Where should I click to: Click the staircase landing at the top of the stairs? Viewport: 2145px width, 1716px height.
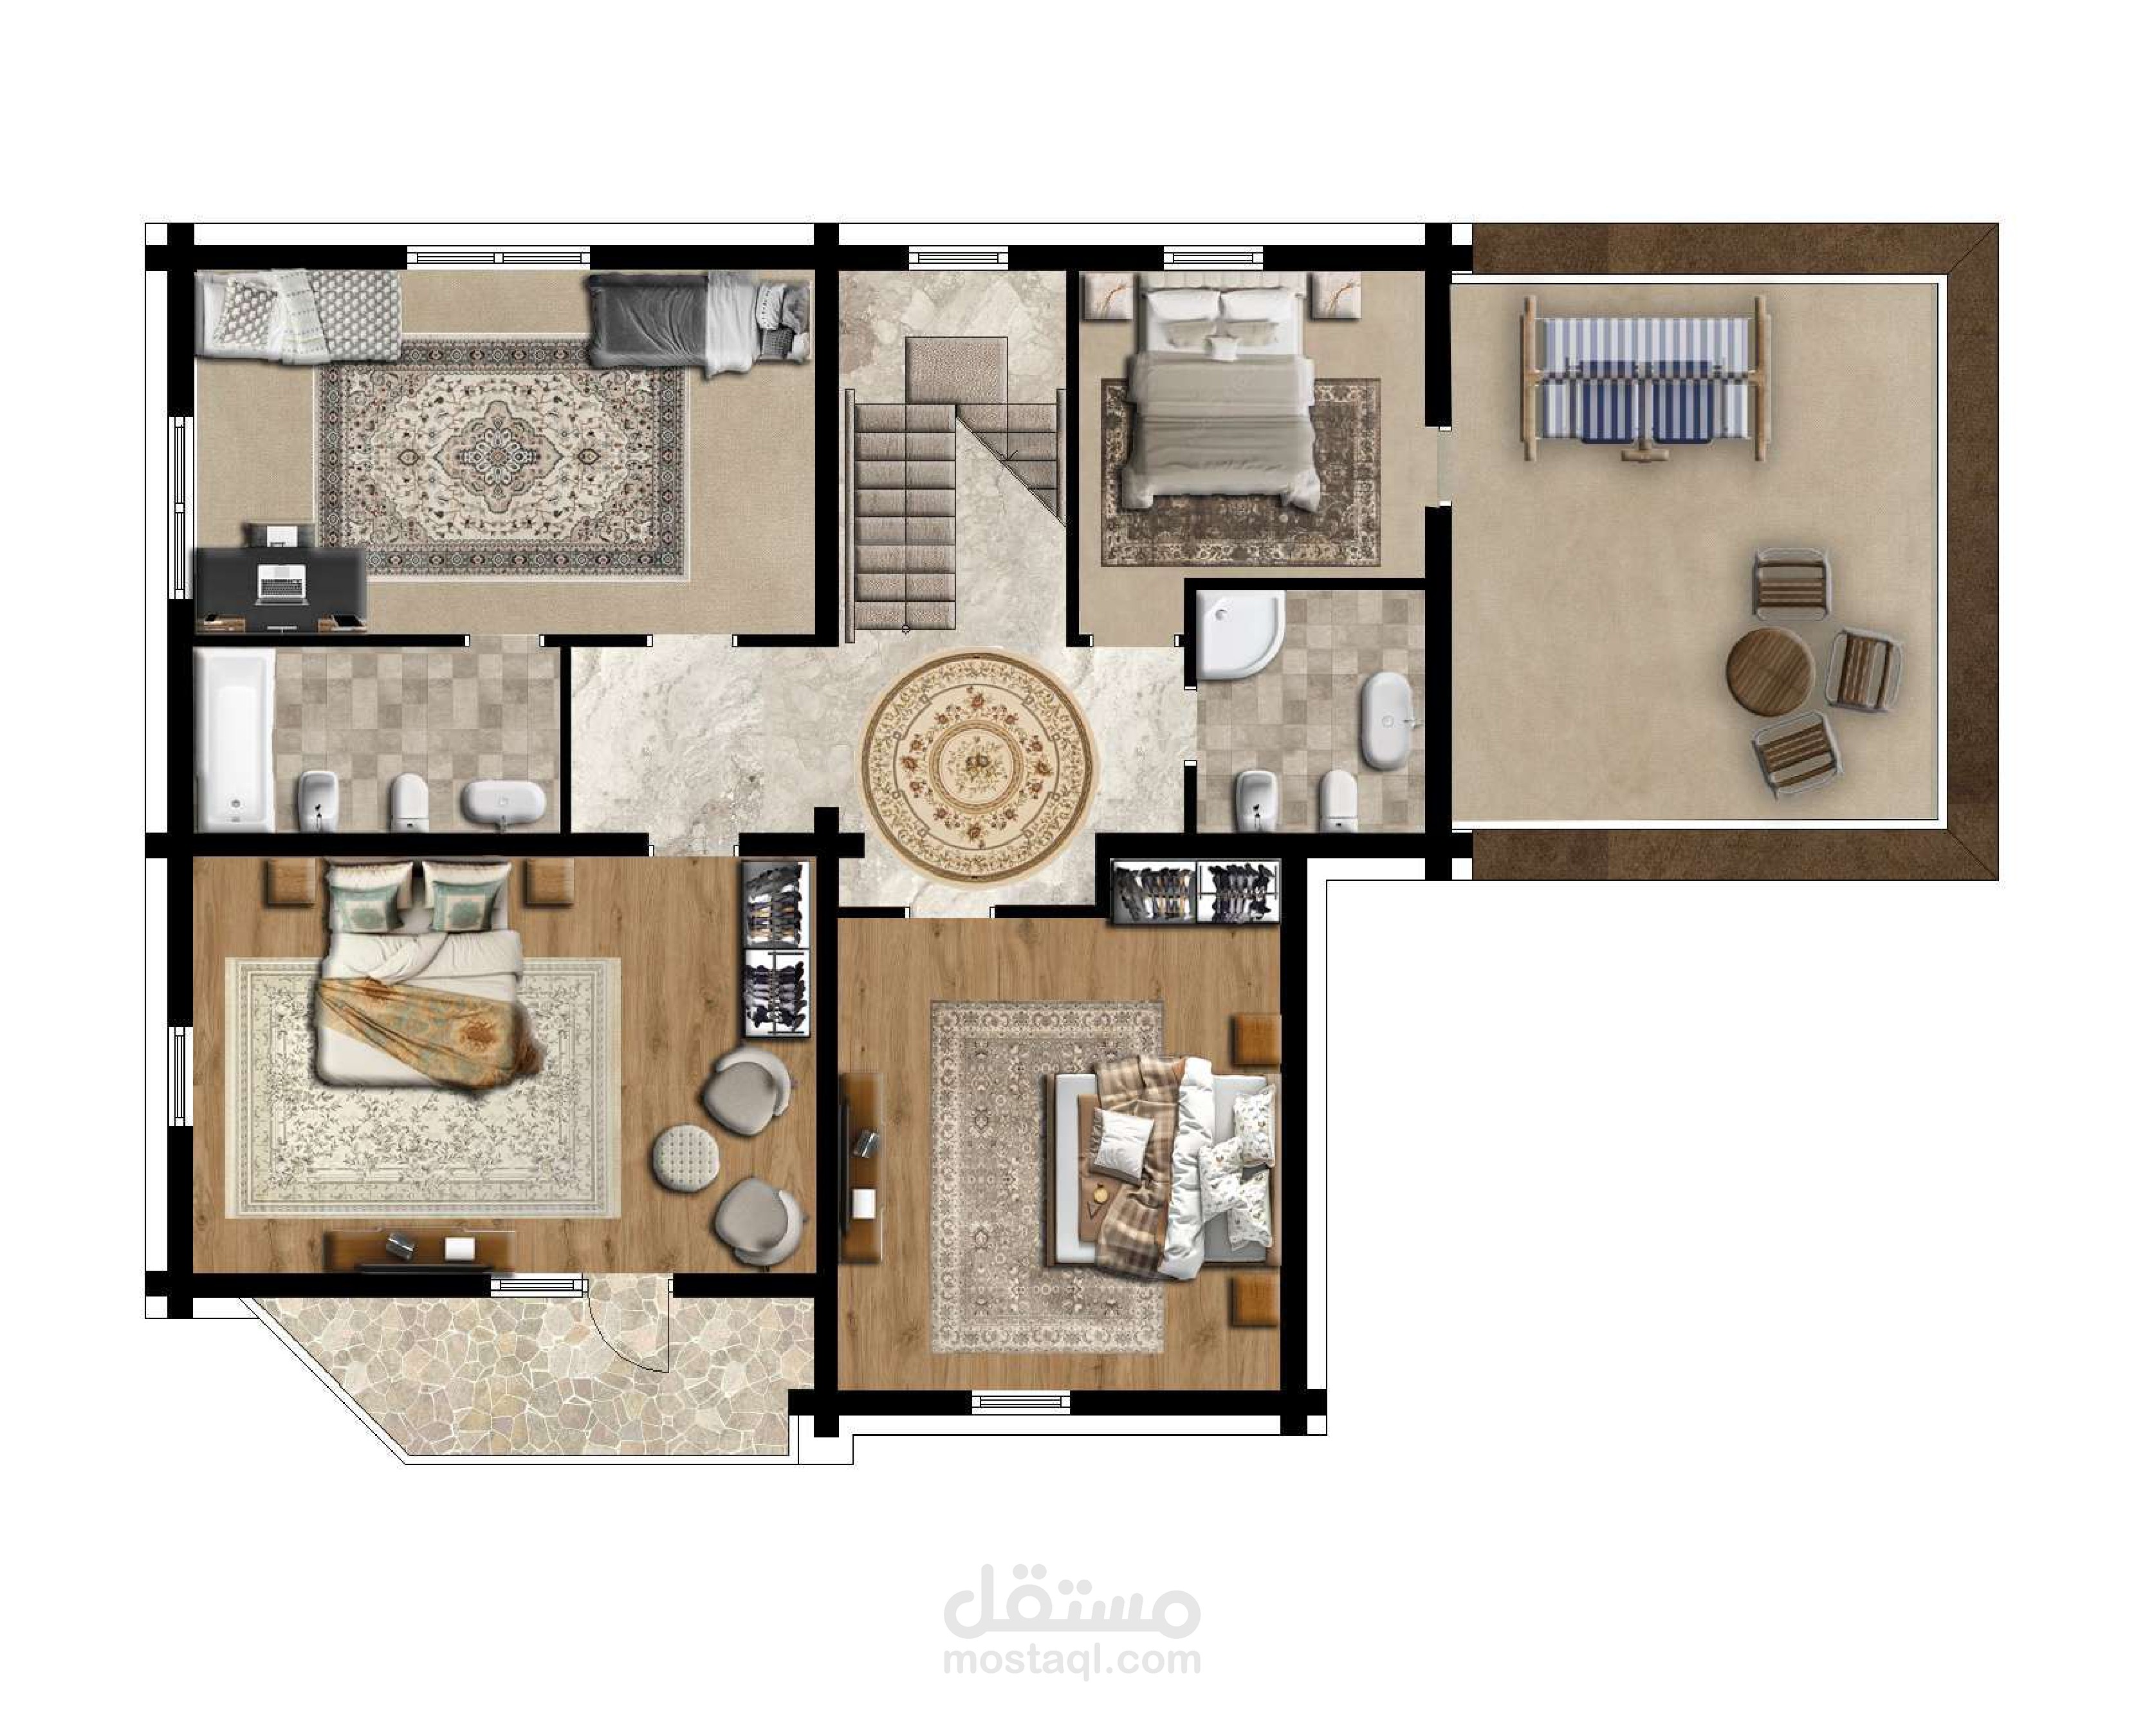click(x=956, y=370)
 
